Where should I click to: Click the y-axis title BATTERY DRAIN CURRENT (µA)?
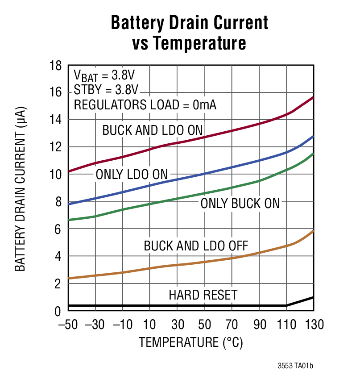[x=20, y=188]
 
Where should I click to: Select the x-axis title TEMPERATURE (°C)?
[x=191, y=342]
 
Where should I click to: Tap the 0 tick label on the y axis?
[x=58, y=311]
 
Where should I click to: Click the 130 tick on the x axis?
[x=314, y=324]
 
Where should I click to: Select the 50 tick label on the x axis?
[x=204, y=324]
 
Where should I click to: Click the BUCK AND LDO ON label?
[x=153, y=130]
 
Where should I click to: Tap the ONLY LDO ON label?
[x=131, y=175]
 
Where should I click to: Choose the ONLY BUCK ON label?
[x=240, y=204]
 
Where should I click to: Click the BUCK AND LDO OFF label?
[x=196, y=246]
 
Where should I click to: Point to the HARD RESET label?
[x=203, y=295]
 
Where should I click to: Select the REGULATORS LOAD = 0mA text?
[x=145, y=105]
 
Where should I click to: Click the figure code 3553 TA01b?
[x=295, y=366]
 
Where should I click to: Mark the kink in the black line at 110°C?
[x=286, y=305]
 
